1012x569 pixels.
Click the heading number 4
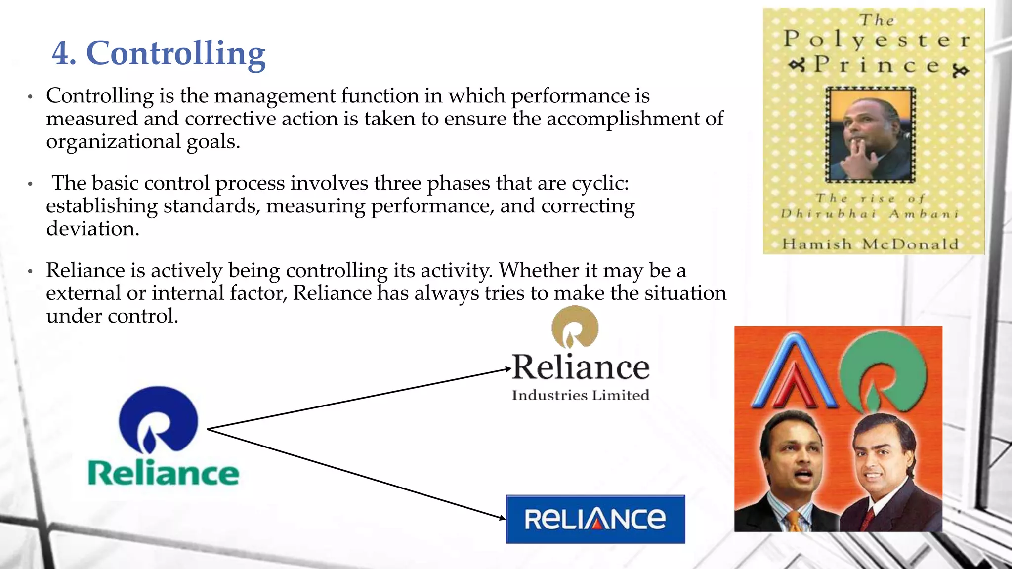tap(64, 53)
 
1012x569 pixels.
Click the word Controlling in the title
tap(176, 53)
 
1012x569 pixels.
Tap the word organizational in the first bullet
tap(114, 142)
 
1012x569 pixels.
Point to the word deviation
tap(92, 229)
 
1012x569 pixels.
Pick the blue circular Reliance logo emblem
tap(158, 420)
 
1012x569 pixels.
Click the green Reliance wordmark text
tap(163, 473)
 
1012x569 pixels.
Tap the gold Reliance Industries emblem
tap(575, 327)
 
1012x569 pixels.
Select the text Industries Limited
tap(581, 395)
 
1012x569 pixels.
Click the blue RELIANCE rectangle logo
tap(595, 519)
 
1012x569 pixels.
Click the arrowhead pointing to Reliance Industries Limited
tap(507, 369)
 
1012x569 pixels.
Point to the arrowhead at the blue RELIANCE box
tap(502, 518)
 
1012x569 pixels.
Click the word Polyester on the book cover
tap(877, 40)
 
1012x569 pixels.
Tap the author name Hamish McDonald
tap(870, 244)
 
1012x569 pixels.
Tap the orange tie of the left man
tap(794, 521)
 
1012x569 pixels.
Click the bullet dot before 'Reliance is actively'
tap(30, 271)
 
